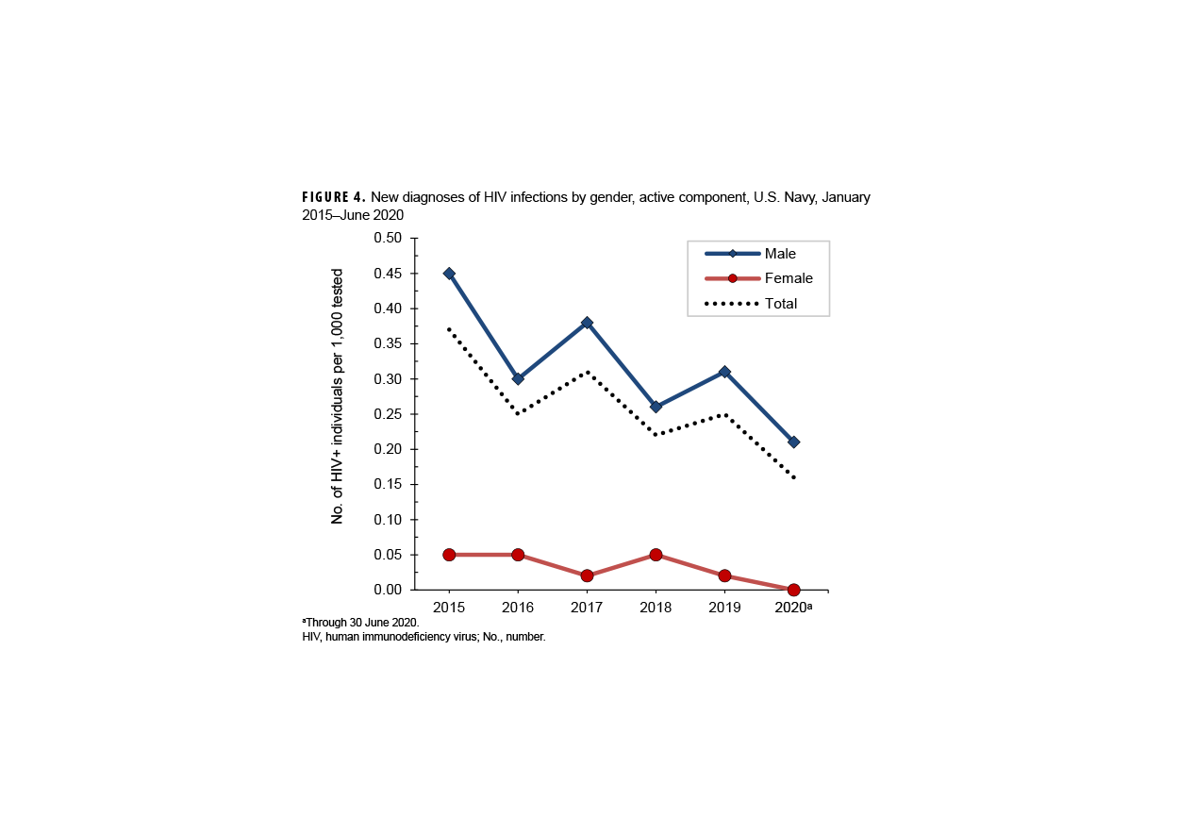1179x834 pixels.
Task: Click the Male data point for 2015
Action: pyautogui.click(x=449, y=274)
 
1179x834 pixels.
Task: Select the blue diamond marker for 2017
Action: pyautogui.click(x=587, y=323)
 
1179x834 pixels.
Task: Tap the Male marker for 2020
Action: pyautogui.click(x=793, y=442)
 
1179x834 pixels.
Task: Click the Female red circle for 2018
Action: pyautogui.click(x=656, y=555)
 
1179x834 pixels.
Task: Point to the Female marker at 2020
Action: pyautogui.click(x=793, y=590)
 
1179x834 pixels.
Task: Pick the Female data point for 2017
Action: pyautogui.click(x=587, y=575)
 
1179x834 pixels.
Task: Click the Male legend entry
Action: pyautogui.click(x=780, y=254)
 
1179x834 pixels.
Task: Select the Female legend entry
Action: pyautogui.click(x=788, y=278)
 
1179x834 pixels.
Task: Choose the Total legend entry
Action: pyautogui.click(x=781, y=304)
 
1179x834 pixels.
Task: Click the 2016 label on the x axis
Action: pyautogui.click(x=518, y=608)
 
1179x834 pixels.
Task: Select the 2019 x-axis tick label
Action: pyautogui.click(x=724, y=608)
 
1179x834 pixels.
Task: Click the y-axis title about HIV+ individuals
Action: pyautogui.click(x=337, y=396)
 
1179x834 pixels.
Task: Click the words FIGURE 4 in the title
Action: pyautogui.click(x=333, y=198)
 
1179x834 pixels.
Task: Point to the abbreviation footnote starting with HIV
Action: pyautogui.click(x=423, y=638)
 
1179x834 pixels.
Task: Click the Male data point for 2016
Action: pyautogui.click(x=518, y=378)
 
